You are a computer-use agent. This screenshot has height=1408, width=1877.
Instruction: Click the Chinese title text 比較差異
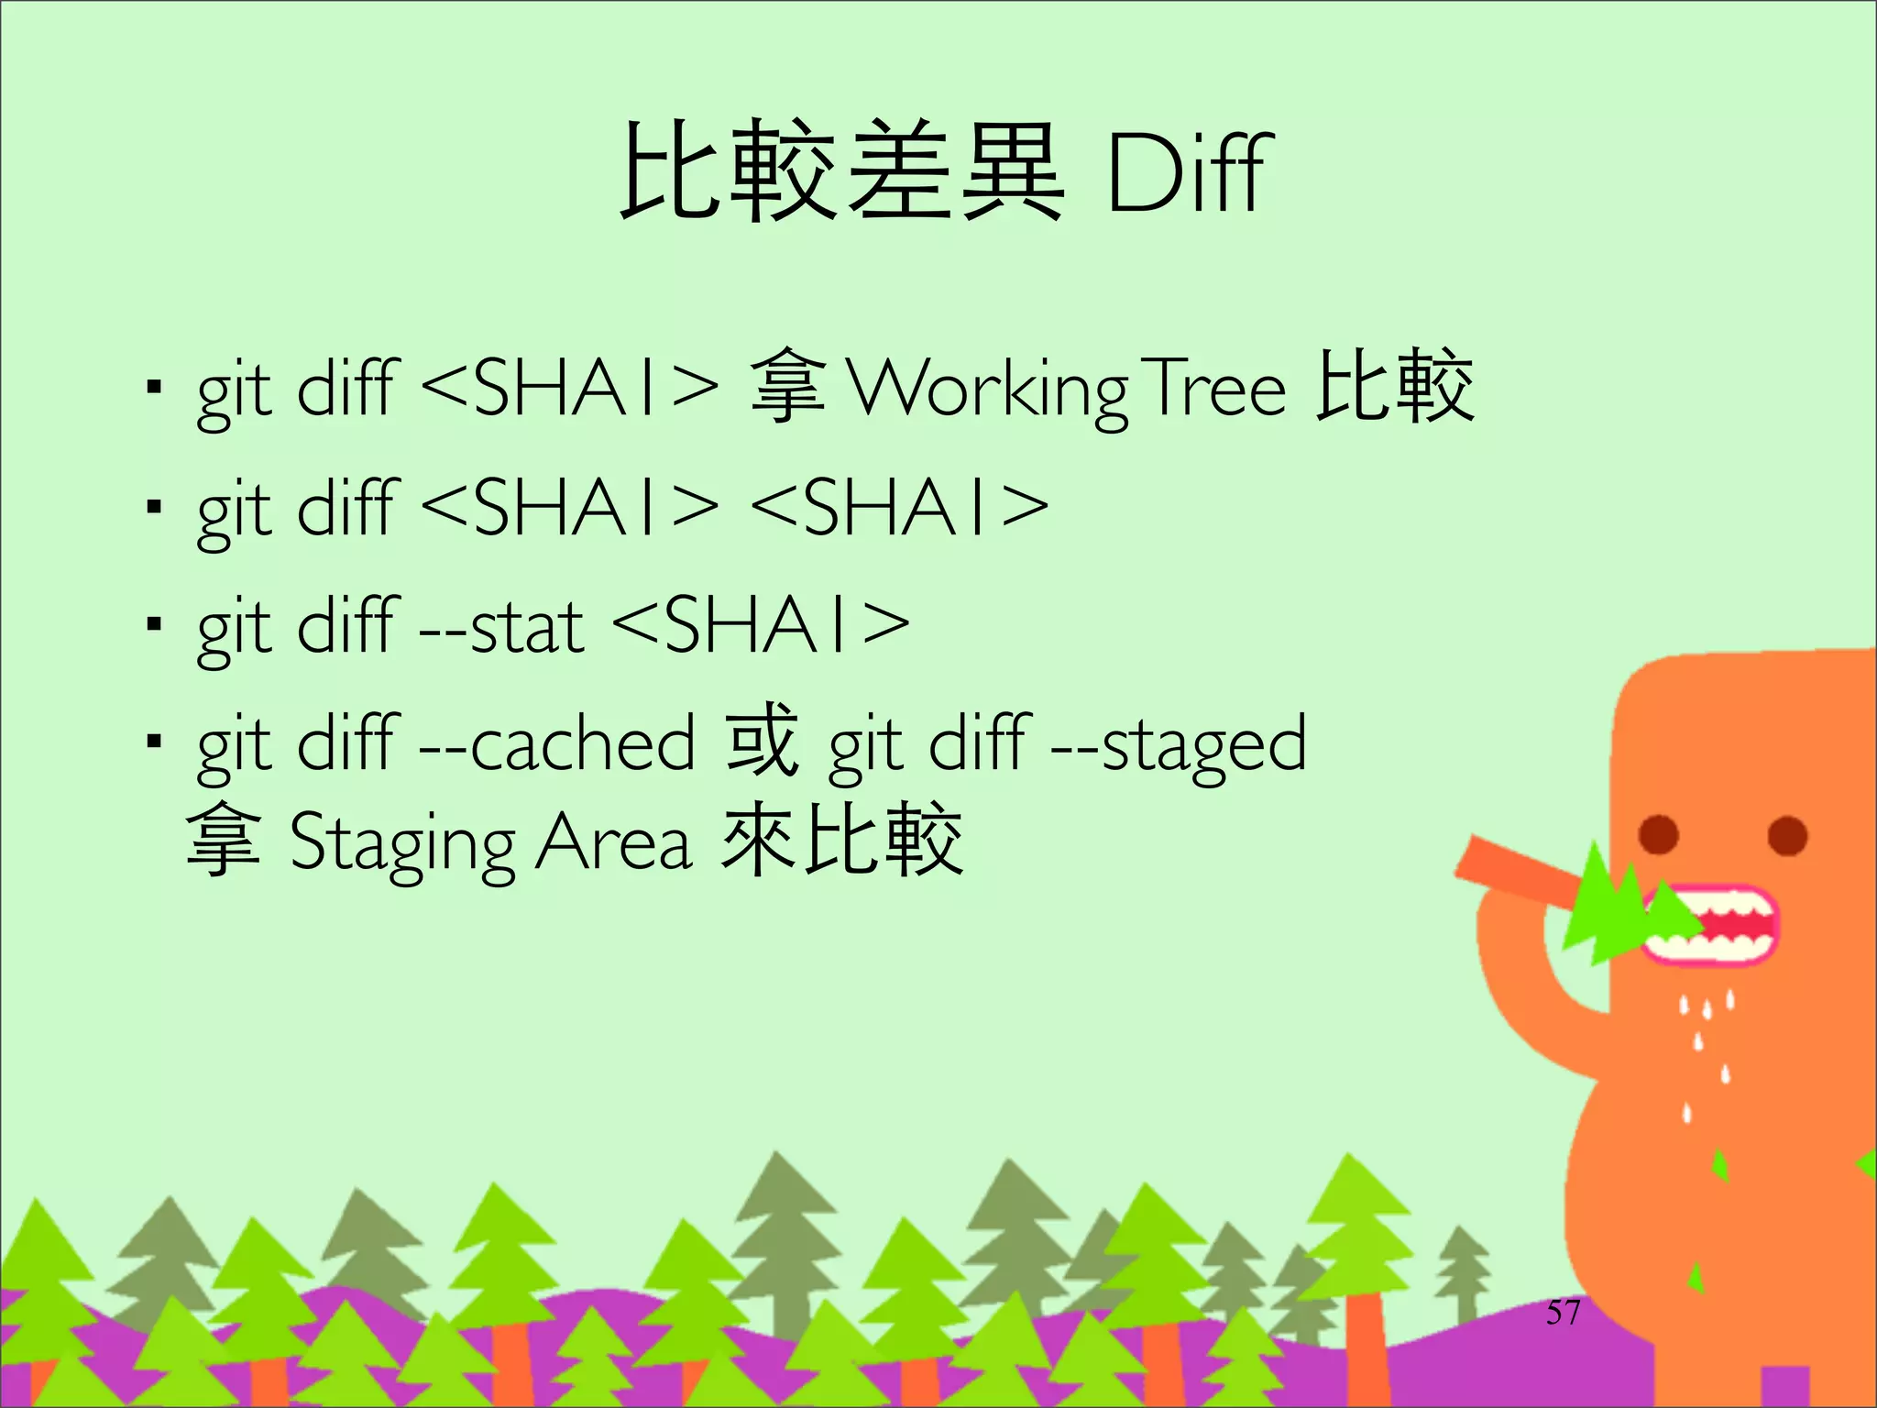point(841,172)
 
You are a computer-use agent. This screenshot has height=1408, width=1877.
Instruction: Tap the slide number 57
point(1563,1312)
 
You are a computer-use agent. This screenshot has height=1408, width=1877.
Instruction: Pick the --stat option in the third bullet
point(501,628)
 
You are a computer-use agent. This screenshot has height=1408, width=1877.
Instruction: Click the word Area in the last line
point(613,841)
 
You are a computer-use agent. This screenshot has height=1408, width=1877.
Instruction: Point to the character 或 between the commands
point(762,741)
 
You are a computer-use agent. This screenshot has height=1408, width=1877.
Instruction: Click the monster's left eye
point(1658,833)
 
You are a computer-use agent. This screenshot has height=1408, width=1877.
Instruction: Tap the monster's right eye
point(1786,835)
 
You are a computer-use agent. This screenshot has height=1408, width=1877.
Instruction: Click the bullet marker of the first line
point(154,387)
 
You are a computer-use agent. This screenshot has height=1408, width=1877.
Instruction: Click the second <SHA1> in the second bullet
point(899,507)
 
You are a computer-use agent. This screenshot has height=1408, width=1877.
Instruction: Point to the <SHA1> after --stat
point(760,627)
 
